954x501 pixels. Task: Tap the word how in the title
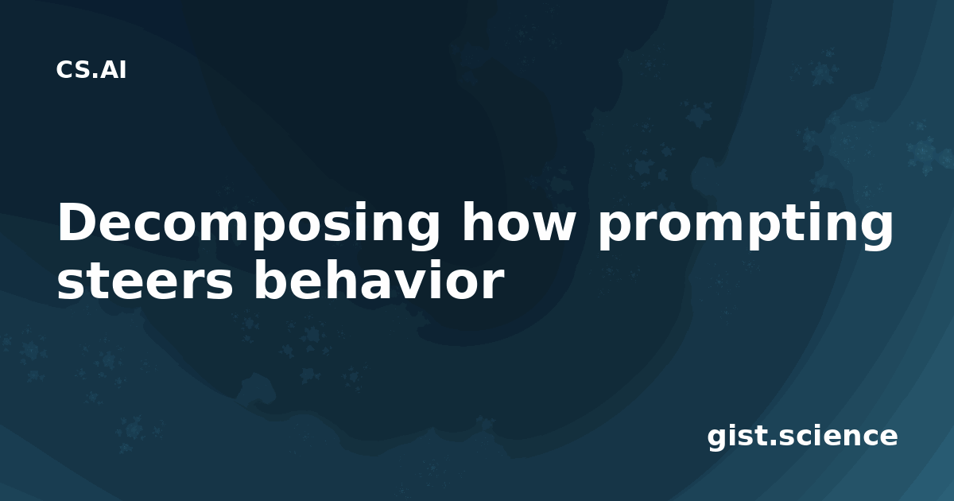[x=518, y=222]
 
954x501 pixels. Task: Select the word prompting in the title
[x=746, y=226]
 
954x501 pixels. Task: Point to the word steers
[x=145, y=281]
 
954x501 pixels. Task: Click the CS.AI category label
[x=91, y=70]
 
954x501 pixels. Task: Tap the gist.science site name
[x=802, y=437]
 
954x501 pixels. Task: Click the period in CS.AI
[x=95, y=76]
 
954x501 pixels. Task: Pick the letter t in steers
[x=99, y=281]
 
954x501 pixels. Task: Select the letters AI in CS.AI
[x=113, y=70]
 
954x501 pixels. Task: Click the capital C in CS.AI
[x=64, y=70]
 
